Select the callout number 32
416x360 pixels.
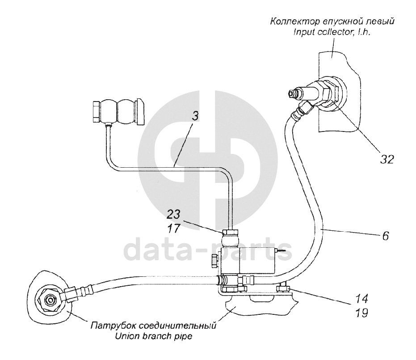[384, 158]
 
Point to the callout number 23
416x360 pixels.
[175, 213]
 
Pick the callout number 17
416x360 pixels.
[175, 229]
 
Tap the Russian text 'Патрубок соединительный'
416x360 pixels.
[153, 326]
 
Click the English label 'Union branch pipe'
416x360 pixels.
[153, 336]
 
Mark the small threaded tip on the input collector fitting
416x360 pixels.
[293, 94]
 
